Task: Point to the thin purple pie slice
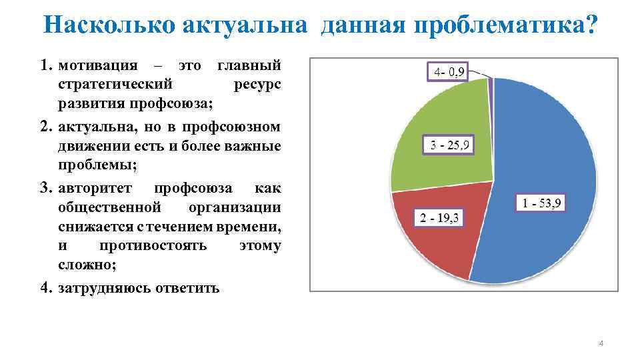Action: pyautogui.click(x=491, y=82)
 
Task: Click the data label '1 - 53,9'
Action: pyautogui.click(x=541, y=203)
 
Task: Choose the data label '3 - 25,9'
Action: pyautogui.click(x=449, y=144)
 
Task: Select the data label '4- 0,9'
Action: pyautogui.click(x=448, y=72)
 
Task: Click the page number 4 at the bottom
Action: pyautogui.click(x=601, y=343)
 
